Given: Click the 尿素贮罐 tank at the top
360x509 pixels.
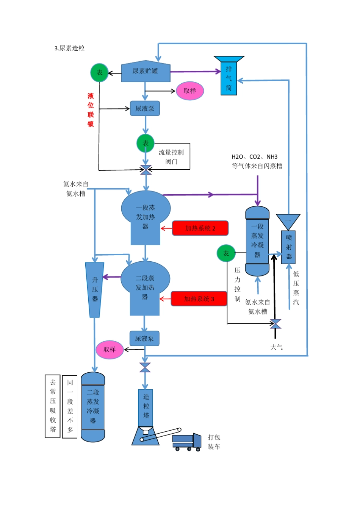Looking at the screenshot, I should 146,71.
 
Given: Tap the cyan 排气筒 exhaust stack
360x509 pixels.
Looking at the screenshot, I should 229,78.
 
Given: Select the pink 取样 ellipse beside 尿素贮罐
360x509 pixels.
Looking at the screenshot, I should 190,91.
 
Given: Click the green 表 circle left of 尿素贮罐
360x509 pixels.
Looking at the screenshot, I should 99,72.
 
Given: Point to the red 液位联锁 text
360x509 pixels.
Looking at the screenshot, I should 91,110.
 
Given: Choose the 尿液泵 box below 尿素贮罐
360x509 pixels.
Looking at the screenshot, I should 145,109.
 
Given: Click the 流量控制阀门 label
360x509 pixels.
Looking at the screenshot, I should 171,157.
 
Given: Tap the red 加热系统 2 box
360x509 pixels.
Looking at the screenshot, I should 200,228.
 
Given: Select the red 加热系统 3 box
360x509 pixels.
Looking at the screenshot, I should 199,299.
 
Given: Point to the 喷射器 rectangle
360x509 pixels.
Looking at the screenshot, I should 288,247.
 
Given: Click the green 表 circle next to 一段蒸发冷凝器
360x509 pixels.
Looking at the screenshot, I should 226,253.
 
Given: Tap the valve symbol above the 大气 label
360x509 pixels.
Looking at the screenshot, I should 275,324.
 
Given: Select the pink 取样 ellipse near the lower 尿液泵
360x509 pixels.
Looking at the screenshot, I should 110,350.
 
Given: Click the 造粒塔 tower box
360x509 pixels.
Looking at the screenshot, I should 146,407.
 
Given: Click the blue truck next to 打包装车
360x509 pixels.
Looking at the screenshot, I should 187,442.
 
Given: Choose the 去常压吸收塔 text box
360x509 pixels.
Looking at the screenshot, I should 53,406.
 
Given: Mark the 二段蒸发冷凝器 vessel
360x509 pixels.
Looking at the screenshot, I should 93,407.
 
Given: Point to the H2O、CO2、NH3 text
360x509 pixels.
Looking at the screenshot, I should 255,157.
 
